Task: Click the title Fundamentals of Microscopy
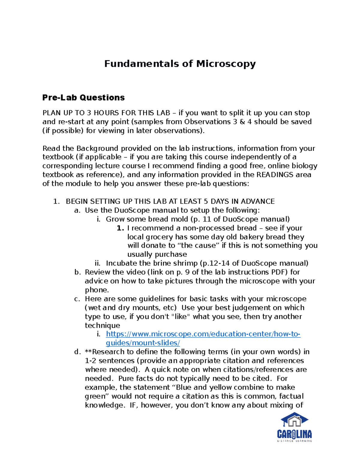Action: tap(180, 64)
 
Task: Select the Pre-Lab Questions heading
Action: tap(83, 98)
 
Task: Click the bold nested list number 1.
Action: tap(120, 228)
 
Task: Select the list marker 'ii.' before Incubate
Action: tap(97, 263)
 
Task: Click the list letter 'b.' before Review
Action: tap(78, 272)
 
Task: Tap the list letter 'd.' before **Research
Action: tap(78, 352)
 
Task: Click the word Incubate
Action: tap(121, 263)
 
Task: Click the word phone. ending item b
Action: tap(97, 290)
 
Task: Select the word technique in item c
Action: tap(102, 326)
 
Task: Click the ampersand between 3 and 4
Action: tap(242, 122)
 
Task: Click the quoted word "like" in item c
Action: tap(181, 317)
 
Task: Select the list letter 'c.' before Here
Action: tap(77, 299)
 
